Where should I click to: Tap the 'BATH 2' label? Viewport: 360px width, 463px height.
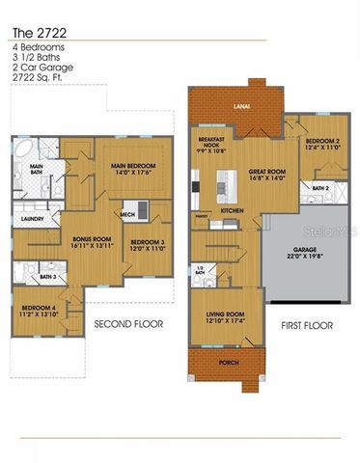point(319,187)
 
